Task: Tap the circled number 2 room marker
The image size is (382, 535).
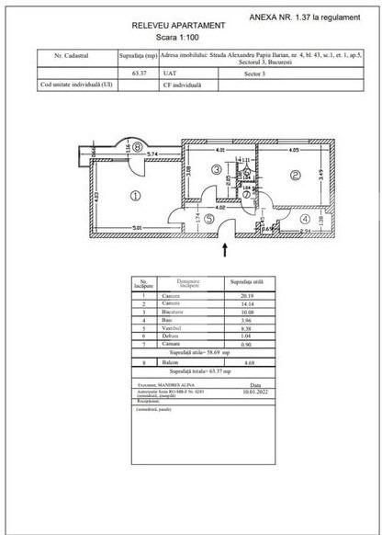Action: [x=297, y=175]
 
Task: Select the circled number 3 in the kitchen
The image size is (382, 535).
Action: [x=214, y=169]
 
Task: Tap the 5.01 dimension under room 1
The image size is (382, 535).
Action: [x=135, y=226]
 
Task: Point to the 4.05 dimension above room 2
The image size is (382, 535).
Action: [x=293, y=148]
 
